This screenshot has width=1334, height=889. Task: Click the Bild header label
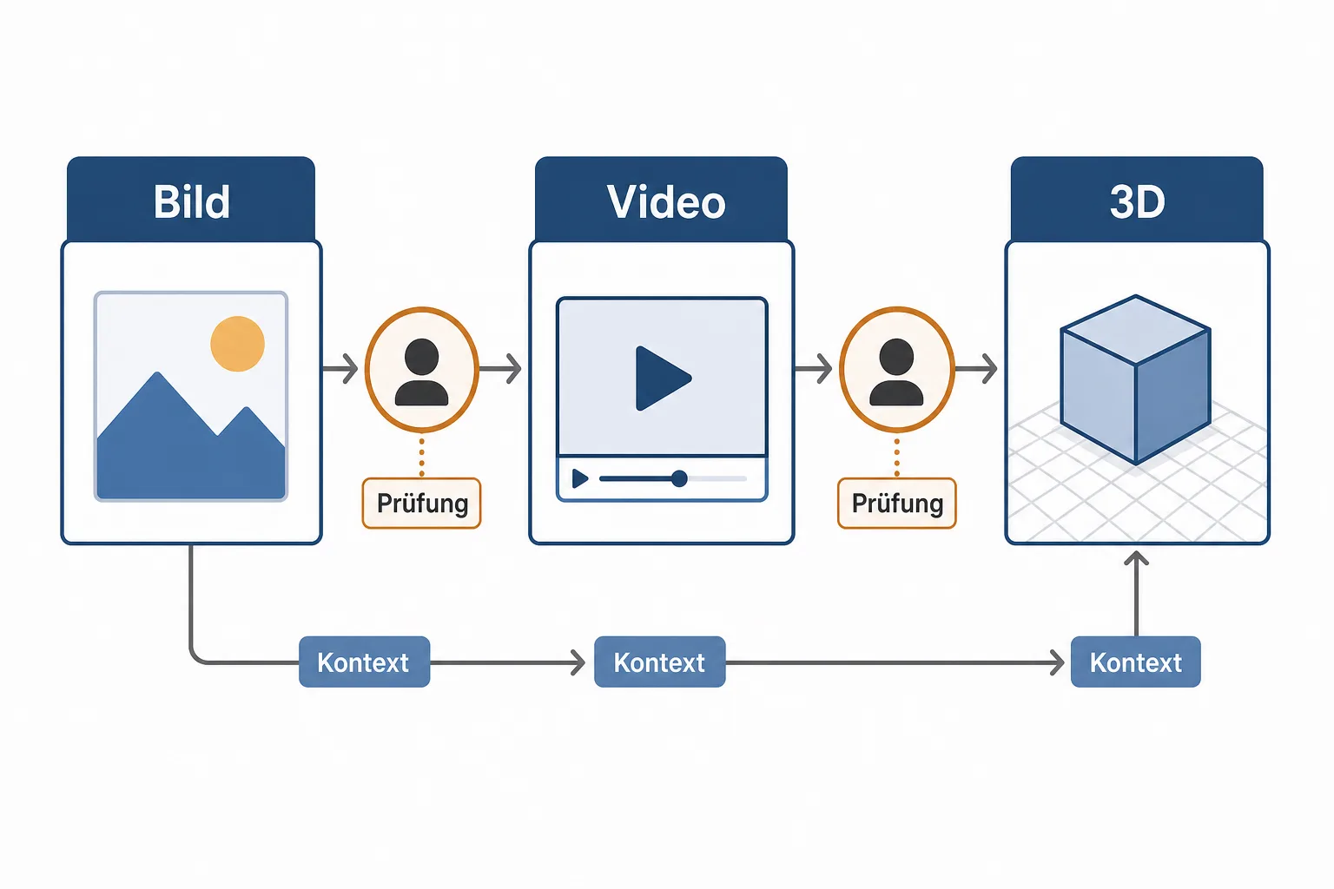click(x=191, y=202)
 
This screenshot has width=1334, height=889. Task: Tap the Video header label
click(x=666, y=202)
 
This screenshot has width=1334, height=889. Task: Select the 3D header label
click(x=1137, y=202)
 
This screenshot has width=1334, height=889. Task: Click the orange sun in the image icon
click(x=238, y=344)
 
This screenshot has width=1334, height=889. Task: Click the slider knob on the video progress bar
click(x=679, y=478)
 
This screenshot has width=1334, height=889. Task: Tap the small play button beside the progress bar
click(x=579, y=478)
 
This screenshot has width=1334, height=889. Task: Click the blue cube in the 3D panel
click(x=1135, y=379)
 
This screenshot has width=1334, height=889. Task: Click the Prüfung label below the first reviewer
click(x=421, y=504)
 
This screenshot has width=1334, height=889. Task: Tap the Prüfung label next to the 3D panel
click(x=897, y=504)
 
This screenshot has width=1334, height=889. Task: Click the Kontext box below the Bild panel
click(x=365, y=662)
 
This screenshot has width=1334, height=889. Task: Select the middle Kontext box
click(x=660, y=662)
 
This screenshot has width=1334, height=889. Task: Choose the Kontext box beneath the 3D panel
click(x=1136, y=662)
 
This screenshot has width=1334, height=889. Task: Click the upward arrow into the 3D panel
click(x=1136, y=594)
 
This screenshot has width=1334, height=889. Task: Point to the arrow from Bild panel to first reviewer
click(x=340, y=369)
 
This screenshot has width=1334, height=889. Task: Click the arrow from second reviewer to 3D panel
click(x=975, y=369)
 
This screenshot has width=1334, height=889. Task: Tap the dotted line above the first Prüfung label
click(x=421, y=458)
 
